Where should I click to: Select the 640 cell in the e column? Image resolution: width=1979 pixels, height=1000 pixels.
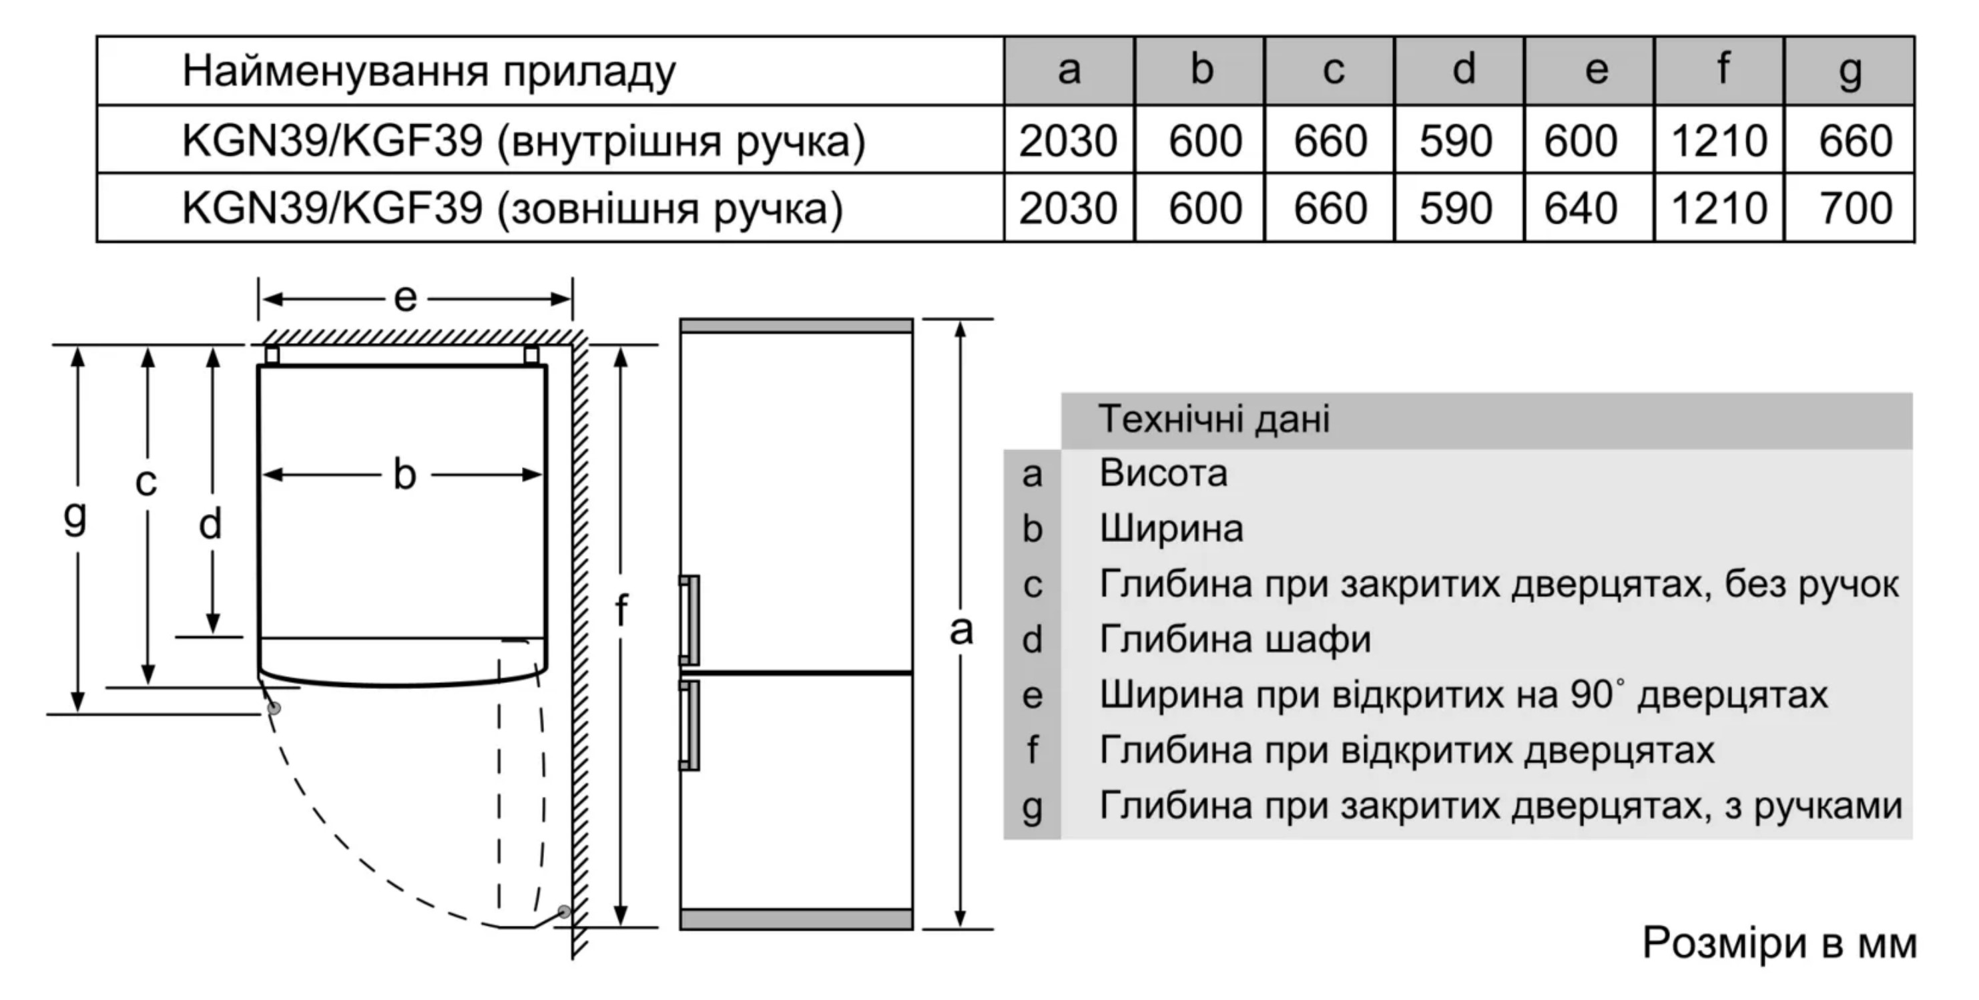[x=1581, y=208]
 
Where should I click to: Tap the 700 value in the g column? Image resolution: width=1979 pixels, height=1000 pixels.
[x=1856, y=208]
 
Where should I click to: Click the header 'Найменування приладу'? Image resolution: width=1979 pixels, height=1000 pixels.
[x=429, y=72]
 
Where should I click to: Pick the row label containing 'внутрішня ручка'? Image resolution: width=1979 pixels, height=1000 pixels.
[x=524, y=142]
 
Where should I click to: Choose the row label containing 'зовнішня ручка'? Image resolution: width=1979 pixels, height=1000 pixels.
[x=513, y=208]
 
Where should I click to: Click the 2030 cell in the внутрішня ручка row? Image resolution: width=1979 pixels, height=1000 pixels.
[x=1068, y=142]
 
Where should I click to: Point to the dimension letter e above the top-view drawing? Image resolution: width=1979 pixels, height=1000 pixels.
[x=405, y=298]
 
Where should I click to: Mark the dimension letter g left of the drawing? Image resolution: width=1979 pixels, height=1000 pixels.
[x=75, y=517]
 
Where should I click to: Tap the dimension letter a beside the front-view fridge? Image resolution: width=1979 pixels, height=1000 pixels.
[x=961, y=630]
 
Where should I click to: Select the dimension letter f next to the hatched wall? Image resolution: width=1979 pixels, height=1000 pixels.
[x=621, y=610]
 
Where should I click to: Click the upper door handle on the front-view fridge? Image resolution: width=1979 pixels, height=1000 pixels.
[x=689, y=619]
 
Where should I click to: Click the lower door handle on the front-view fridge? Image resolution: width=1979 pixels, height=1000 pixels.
[x=689, y=724]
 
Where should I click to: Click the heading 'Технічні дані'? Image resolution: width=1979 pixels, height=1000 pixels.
[x=1214, y=420]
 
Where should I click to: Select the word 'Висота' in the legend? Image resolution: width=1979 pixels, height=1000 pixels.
[x=1163, y=473]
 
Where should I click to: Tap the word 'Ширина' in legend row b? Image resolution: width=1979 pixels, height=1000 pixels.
[x=1171, y=529]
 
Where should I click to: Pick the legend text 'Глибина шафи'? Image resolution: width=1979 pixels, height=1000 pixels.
[x=1235, y=640]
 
